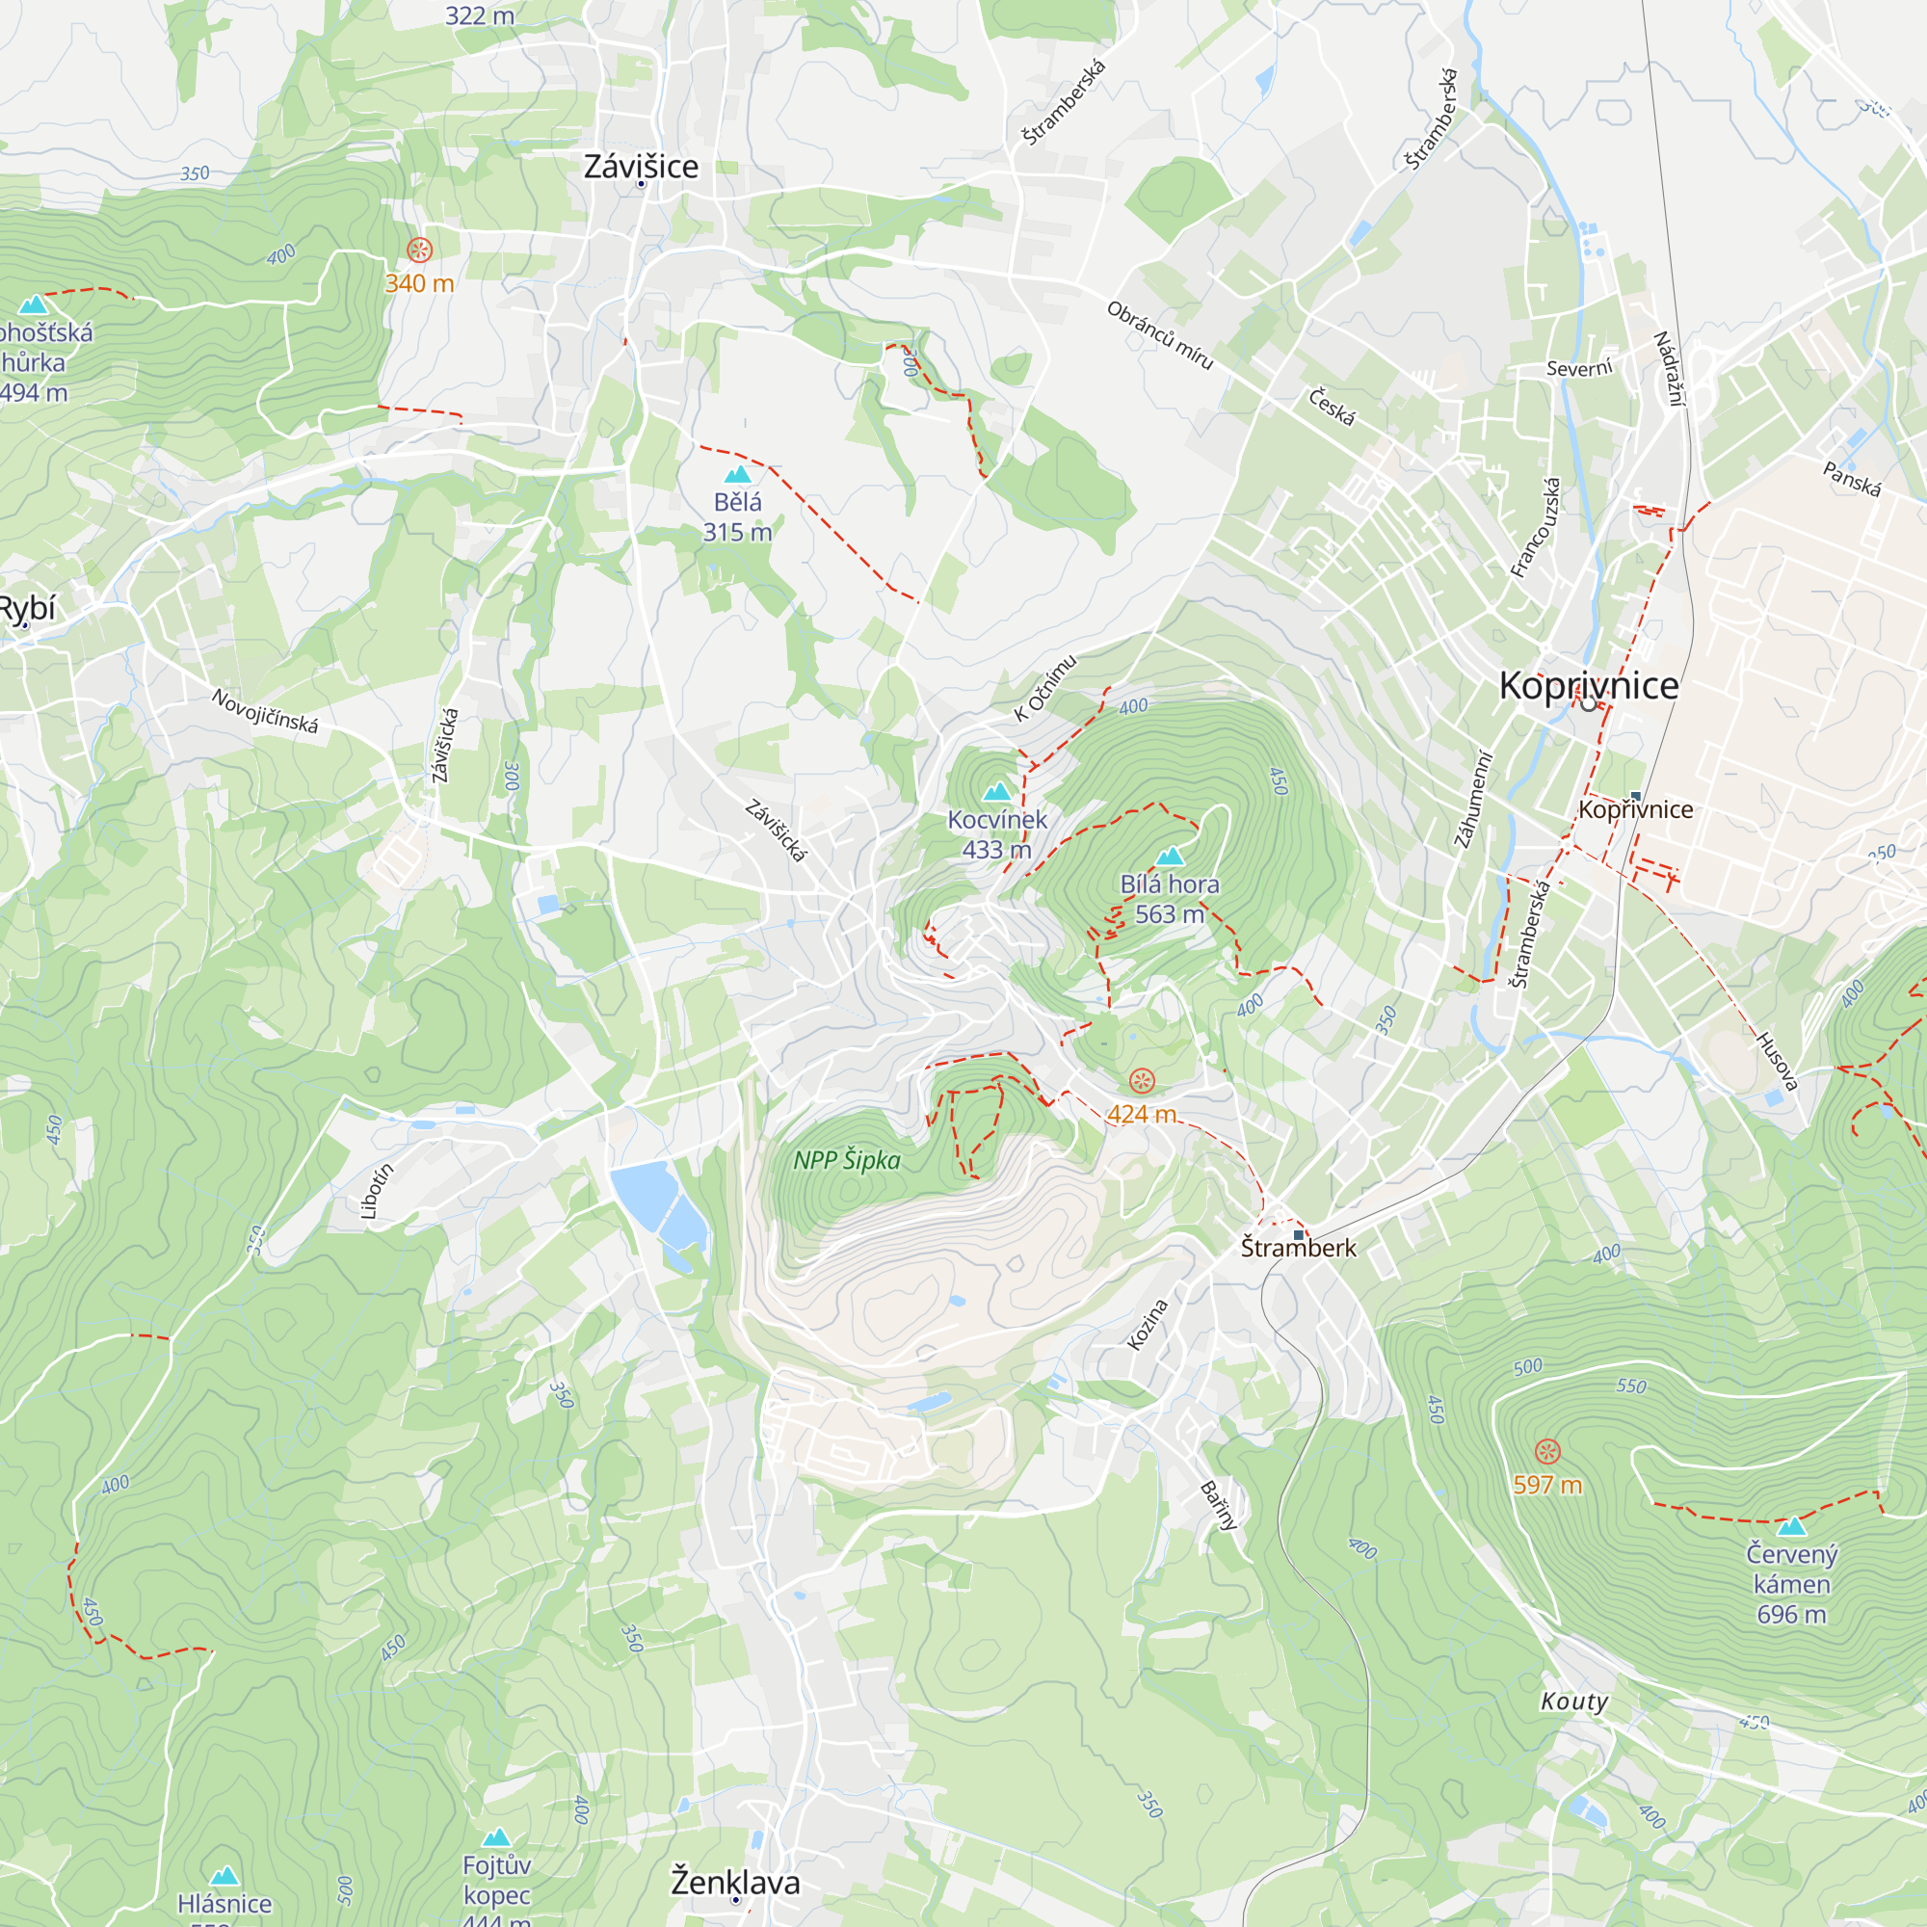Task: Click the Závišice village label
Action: coord(641,166)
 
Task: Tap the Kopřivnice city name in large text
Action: coord(1588,685)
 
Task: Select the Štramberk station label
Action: coord(1298,1248)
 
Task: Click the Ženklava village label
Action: coord(735,1882)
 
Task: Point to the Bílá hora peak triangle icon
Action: coord(1169,856)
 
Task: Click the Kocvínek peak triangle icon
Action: coord(996,792)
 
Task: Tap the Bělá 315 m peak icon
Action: coord(737,474)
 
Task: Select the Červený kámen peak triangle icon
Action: coord(1791,1526)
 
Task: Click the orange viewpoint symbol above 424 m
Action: coord(1141,1080)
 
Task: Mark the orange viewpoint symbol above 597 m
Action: coord(1547,1451)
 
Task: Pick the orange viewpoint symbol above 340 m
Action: coord(420,250)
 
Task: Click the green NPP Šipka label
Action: coord(846,1160)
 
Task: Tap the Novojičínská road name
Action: coord(264,711)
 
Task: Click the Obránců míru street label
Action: coord(1159,336)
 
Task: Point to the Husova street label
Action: coord(1777,1062)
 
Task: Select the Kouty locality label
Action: coord(1574,1701)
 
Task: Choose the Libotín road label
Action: coord(376,1191)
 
